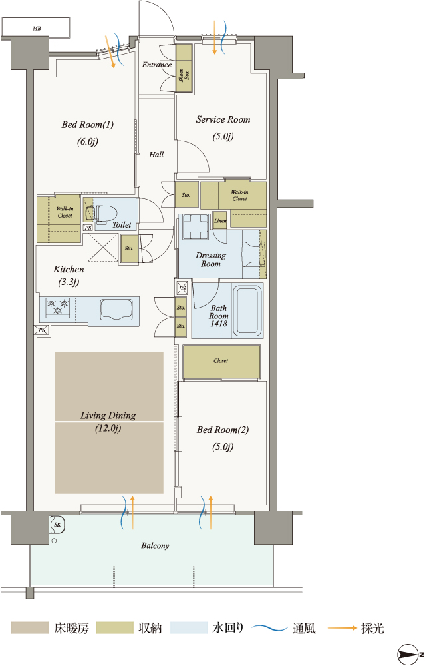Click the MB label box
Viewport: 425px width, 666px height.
tap(36, 27)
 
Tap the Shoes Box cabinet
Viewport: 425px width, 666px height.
tap(184, 67)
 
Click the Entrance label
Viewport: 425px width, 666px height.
tap(156, 65)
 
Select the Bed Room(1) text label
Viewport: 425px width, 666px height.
tap(88, 125)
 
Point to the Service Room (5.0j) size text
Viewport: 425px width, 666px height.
tap(223, 137)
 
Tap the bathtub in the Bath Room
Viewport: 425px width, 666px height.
tap(247, 310)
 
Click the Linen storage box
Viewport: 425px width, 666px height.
tap(219, 221)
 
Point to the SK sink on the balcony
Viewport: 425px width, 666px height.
tap(57, 525)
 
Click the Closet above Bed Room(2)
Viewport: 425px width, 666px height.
tap(221, 361)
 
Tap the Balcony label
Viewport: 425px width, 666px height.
tap(155, 546)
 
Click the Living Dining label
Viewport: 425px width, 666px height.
tap(108, 416)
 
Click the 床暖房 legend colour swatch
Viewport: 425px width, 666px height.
tap(30, 628)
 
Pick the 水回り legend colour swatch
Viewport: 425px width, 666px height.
tap(188, 628)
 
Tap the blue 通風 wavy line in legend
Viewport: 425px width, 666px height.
tap(270, 628)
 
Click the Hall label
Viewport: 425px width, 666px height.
tap(156, 155)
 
